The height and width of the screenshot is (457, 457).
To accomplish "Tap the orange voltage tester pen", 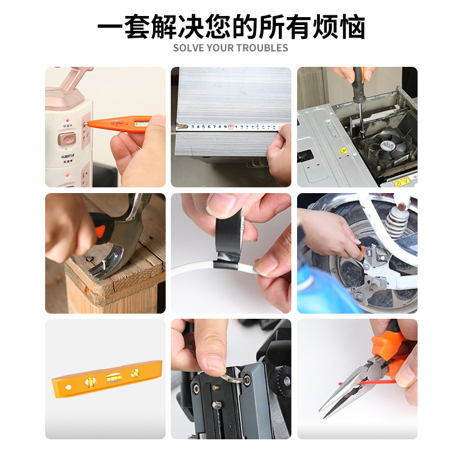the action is pos(122,124).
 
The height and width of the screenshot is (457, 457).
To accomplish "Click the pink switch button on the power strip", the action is pos(67,139).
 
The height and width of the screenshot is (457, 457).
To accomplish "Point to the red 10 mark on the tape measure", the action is pos(231,127).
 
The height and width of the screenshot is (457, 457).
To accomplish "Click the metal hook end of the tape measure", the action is pos(180,126).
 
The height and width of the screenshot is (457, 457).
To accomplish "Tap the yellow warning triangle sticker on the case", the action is pos(343,151).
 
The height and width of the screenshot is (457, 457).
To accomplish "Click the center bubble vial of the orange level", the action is pos(114,378).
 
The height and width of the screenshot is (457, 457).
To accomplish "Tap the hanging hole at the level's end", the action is pos(68,387).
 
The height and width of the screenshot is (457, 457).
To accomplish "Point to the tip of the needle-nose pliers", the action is pos(321,410).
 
